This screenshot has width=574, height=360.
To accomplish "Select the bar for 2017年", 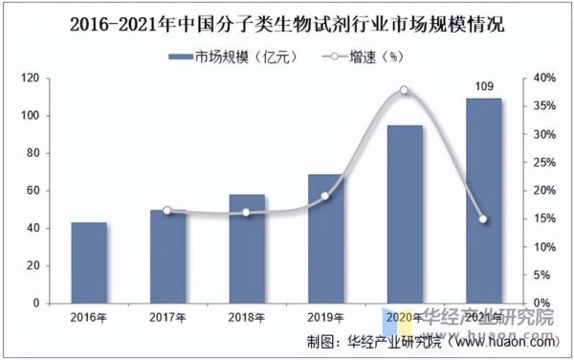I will tap(167, 257).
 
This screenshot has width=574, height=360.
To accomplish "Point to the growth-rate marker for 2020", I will tap(404, 90).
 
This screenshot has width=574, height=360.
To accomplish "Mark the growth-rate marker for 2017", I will tap(167, 211).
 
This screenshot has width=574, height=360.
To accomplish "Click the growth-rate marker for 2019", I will tap(324, 196).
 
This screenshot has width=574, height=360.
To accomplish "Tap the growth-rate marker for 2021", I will tap(483, 219).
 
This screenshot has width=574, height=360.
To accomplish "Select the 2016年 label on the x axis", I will tap(89, 317).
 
